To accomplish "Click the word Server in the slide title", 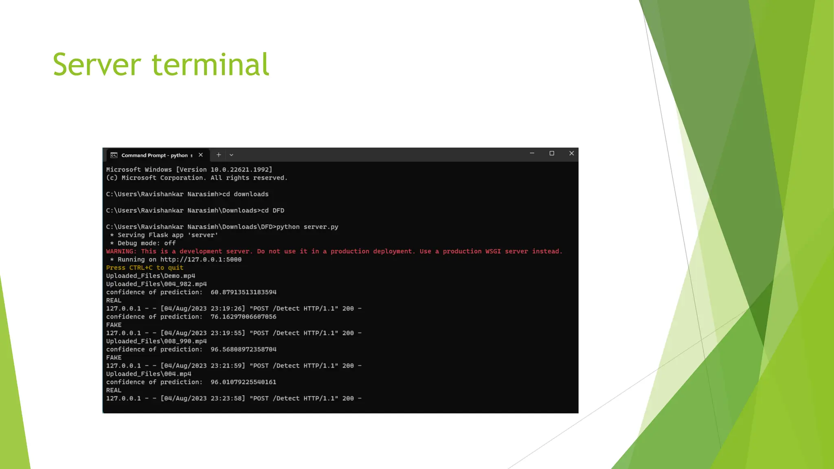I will coord(97,65).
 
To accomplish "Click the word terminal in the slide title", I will coord(211,65).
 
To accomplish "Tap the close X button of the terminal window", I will coord(571,153).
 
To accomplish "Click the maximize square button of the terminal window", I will coord(552,153).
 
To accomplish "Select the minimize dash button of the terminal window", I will coord(532,153).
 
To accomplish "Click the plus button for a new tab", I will coord(219,155).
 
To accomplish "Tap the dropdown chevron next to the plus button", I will coord(231,155).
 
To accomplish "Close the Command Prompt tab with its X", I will coord(201,155).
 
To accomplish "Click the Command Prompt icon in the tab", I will coord(114,155).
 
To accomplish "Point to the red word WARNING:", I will coord(121,252).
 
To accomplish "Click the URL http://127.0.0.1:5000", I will coord(201,260).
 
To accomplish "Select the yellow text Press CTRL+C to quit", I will coord(145,268).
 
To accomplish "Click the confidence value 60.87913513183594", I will coord(243,292).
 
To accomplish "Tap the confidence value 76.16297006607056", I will coord(243,317).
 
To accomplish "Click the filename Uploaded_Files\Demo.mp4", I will coord(151,276).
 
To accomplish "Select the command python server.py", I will coord(307,227).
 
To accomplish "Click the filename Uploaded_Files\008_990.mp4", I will coord(156,341).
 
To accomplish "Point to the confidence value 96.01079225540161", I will coord(243,382).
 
